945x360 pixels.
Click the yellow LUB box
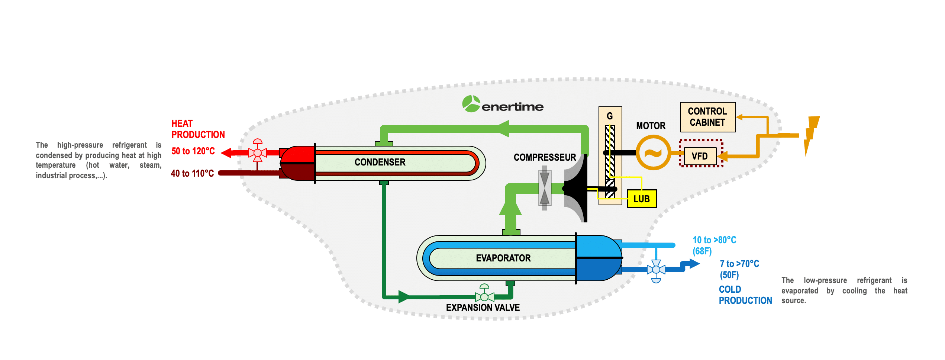[642, 199]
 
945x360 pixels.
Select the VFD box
[700, 156]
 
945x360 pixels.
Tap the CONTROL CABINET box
[708, 117]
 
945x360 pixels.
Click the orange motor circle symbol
[653, 152]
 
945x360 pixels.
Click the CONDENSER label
[380, 162]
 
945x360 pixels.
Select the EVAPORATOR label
[503, 258]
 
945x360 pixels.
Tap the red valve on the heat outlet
[258, 152]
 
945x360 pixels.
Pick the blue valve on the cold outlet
[656, 270]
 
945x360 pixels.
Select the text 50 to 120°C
[193, 151]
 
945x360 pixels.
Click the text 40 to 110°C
[192, 173]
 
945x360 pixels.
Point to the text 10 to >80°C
[714, 240]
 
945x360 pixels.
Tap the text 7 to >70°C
[739, 264]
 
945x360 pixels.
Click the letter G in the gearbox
[610, 116]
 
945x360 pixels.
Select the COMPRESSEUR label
[545, 157]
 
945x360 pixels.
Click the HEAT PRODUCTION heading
[198, 129]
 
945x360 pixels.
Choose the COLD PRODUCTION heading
[745, 295]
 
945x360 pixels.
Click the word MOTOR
[651, 126]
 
